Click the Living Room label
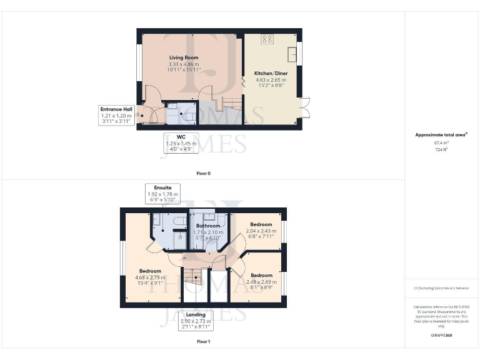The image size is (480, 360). tap(183, 57)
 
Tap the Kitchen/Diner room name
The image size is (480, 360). tap(271, 73)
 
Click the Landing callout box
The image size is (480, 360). tap(196, 320)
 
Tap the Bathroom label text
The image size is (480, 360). tap(208, 226)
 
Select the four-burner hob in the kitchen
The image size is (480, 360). tap(267, 39)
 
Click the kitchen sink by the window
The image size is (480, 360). tap(292, 55)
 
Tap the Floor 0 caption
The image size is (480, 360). tap(202, 173)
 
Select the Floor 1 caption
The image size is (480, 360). tap(202, 342)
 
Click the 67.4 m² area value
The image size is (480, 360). tap(442, 142)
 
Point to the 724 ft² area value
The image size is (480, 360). tap(442, 150)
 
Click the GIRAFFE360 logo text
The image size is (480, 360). tap(441, 336)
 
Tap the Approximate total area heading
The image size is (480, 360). tap(441, 135)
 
